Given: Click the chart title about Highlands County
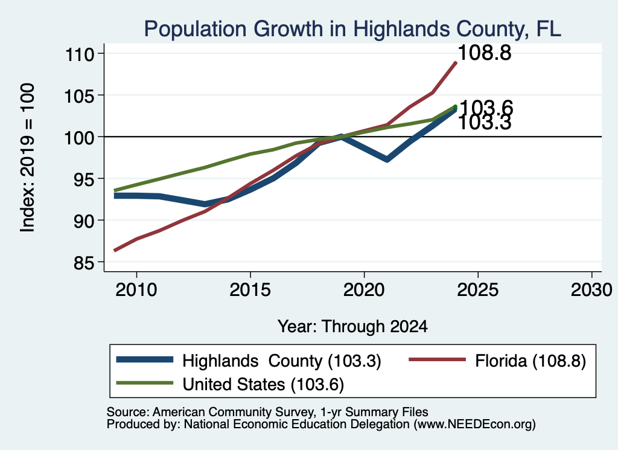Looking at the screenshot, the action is coord(352,29).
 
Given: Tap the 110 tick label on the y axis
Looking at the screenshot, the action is coord(80,54).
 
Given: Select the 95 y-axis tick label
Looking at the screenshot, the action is coord(84,179).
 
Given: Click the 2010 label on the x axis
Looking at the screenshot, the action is coord(136,291).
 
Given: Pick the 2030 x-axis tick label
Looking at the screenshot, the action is coord(591,291).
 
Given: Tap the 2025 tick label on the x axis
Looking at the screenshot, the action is coord(478,291).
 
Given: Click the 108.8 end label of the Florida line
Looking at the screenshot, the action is coord(485,53).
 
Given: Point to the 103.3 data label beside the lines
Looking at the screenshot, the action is coord(485,123).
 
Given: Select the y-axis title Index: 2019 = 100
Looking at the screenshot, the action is coord(28,158).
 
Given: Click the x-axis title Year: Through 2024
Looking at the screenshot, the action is coord(352,327).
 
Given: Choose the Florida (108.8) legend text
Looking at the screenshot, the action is coord(530,361).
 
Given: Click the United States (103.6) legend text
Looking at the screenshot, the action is coord(263,385).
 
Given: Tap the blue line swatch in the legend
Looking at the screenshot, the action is coord(145,359).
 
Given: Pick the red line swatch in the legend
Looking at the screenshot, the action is coord(438,359).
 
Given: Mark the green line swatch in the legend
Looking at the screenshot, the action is coord(145,383).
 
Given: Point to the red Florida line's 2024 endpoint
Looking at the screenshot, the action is coord(456,63).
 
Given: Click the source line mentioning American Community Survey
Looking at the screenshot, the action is coord(267,412).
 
